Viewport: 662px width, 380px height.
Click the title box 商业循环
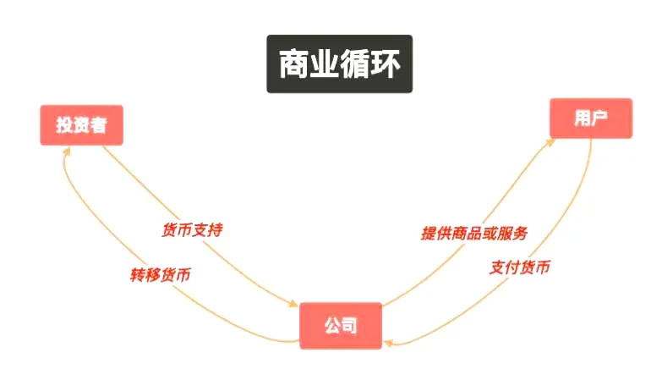click(x=340, y=63)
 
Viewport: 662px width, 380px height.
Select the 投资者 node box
click(x=81, y=125)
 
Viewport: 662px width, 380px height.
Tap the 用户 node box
click(x=590, y=118)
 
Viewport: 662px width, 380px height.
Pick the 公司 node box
click(x=341, y=325)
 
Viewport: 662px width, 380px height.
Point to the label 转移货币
click(x=160, y=275)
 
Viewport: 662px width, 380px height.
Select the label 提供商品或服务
click(x=475, y=233)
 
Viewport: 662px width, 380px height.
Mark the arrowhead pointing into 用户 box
click(x=550, y=141)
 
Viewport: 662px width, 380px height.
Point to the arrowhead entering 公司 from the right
click(x=388, y=342)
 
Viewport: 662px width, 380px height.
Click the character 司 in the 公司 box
click(x=350, y=325)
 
